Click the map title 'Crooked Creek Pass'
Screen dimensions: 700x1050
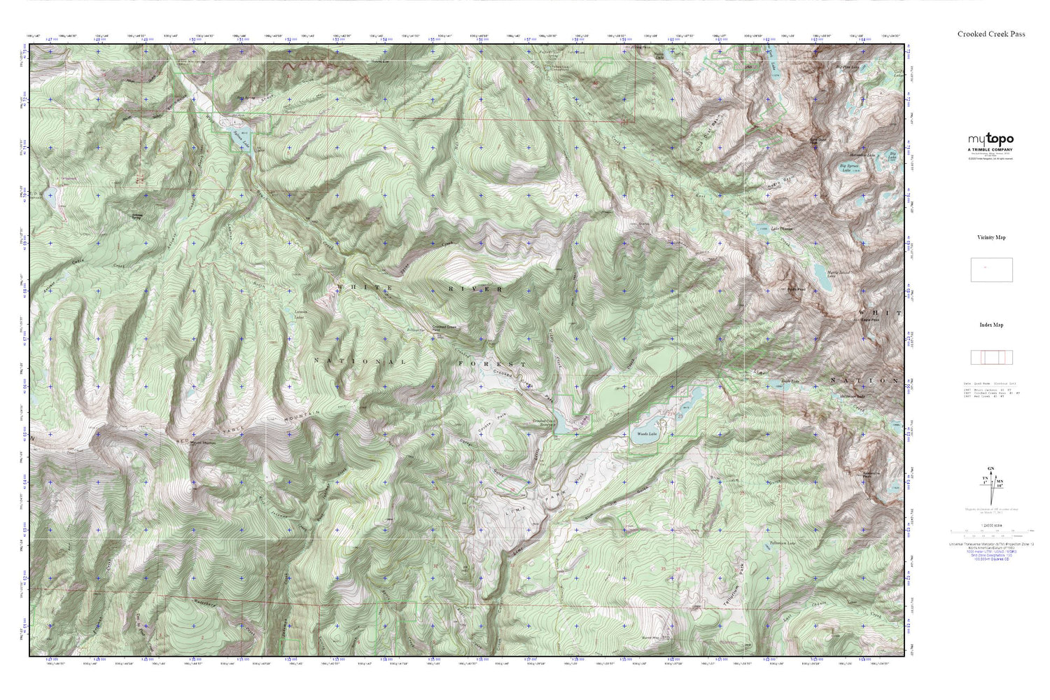[x=991, y=34]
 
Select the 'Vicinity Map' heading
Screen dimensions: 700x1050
[x=991, y=237]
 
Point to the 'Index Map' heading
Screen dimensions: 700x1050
[x=991, y=325]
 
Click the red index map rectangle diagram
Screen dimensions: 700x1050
[x=991, y=357]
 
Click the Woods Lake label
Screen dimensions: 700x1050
[x=647, y=434]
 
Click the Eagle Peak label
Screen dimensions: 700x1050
[x=869, y=320]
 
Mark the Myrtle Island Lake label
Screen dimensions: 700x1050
[x=831, y=274]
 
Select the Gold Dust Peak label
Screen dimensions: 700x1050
[x=818, y=141]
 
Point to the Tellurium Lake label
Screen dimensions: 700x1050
[x=783, y=543]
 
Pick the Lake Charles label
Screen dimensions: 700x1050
[x=782, y=229]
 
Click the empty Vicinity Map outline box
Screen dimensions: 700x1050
[x=991, y=269]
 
